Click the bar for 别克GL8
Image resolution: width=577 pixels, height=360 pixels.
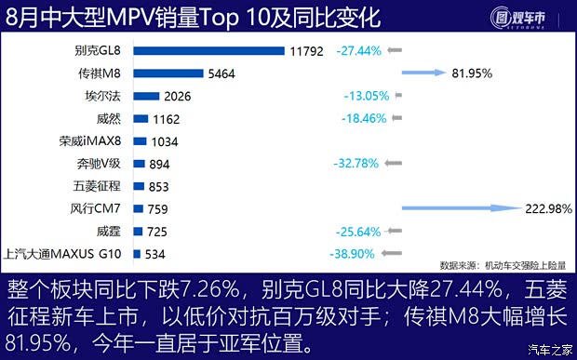(x=208, y=50)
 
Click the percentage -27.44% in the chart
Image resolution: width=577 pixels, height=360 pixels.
(x=359, y=50)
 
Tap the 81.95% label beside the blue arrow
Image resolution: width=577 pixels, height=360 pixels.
(x=499, y=73)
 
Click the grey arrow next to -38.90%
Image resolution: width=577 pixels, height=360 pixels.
(x=395, y=254)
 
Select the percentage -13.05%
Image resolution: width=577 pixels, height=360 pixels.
(x=359, y=96)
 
